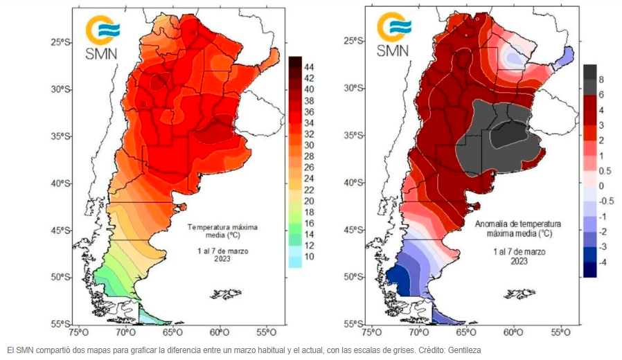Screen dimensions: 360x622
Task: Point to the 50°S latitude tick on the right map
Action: tap(354, 276)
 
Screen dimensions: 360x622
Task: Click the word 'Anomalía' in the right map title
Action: tap(493, 225)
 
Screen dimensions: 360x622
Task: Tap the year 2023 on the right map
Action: tap(519, 261)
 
